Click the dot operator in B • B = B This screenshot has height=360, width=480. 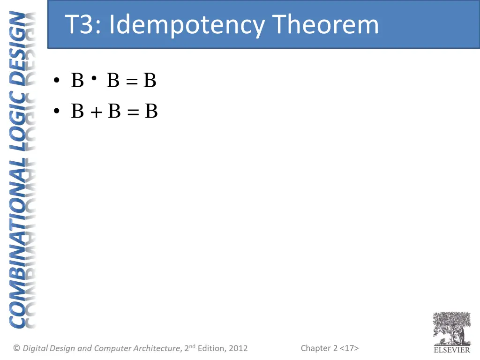coord(95,78)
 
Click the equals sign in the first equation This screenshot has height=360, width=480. coord(132,82)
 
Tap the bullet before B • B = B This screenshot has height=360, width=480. coord(57,81)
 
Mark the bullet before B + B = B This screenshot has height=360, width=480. coord(57,112)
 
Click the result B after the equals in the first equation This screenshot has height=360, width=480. coord(150,81)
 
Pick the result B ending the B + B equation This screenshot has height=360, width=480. coord(151,112)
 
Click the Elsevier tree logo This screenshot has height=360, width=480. coord(451,328)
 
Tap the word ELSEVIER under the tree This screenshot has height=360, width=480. coord(451,350)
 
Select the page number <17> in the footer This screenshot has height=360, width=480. coord(349,348)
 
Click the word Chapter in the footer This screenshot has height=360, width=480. coord(316,348)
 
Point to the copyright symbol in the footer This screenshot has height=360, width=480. coord(16,348)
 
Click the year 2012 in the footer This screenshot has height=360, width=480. coord(238,348)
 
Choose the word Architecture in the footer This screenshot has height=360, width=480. coord(157,348)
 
